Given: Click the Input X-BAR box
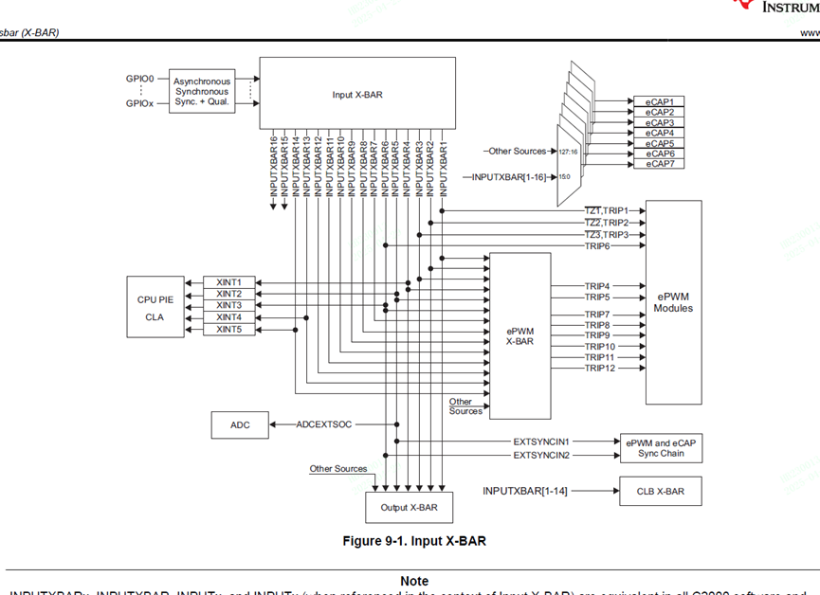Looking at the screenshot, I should (x=357, y=94).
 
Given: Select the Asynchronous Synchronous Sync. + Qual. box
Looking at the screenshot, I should (x=202, y=92).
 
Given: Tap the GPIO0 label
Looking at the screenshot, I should (x=139, y=80).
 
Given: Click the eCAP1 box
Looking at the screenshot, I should (x=659, y=101).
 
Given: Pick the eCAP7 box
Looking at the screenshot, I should (x=659, y=164).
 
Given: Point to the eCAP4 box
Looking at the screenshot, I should (x=659, y=133).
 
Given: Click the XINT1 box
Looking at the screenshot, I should (x=228, y=282).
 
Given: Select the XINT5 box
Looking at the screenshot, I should (x=228, y=329).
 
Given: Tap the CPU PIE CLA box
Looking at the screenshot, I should (x=155, y=307).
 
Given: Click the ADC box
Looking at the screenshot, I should (x=240, y=425).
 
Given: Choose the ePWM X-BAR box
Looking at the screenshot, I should (x=519, y=335).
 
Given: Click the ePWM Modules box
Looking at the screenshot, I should (x=673, y=302).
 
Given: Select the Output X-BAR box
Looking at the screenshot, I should (x=409, y=508).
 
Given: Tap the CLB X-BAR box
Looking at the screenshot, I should (x=661, y=491).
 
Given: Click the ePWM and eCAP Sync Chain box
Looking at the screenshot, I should (x=662, y=448).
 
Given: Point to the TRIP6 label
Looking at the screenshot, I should (x=597, y=246).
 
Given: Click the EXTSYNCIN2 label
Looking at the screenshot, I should (x=541, y=456).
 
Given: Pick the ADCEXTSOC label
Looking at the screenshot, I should (x=323, y=424).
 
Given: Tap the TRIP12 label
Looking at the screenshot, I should (x=599, y=368).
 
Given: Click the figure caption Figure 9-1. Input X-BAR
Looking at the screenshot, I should (x=414, y=541).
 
